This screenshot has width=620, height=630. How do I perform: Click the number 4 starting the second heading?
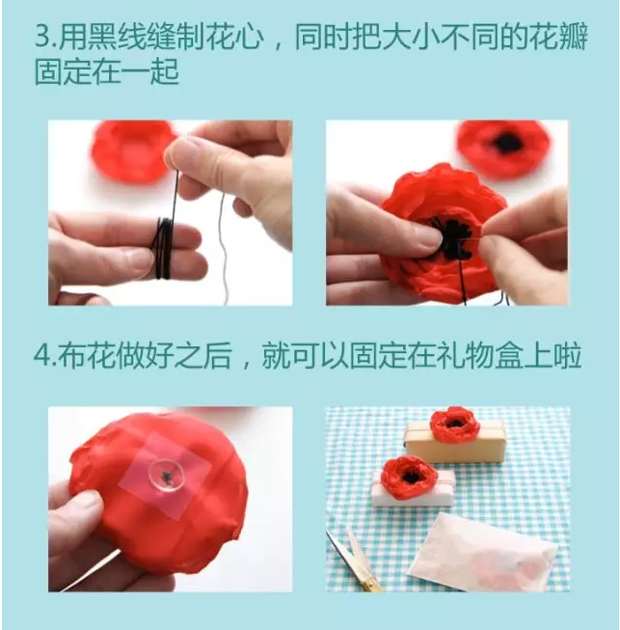[x=41, y=355]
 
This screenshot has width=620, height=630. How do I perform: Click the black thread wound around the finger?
[x=163, y=248]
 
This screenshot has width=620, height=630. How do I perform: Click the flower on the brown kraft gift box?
[x=454, y=424]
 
